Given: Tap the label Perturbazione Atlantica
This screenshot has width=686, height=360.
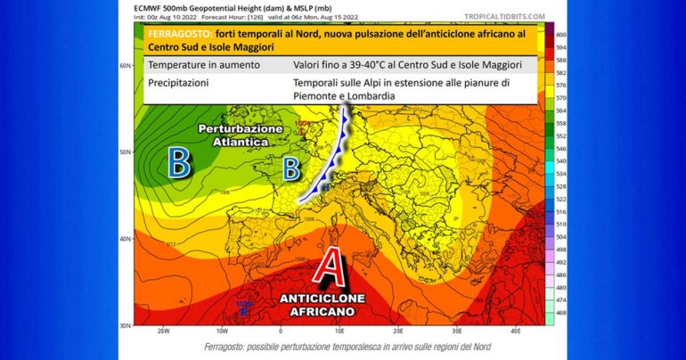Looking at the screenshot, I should tap(241, 135).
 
